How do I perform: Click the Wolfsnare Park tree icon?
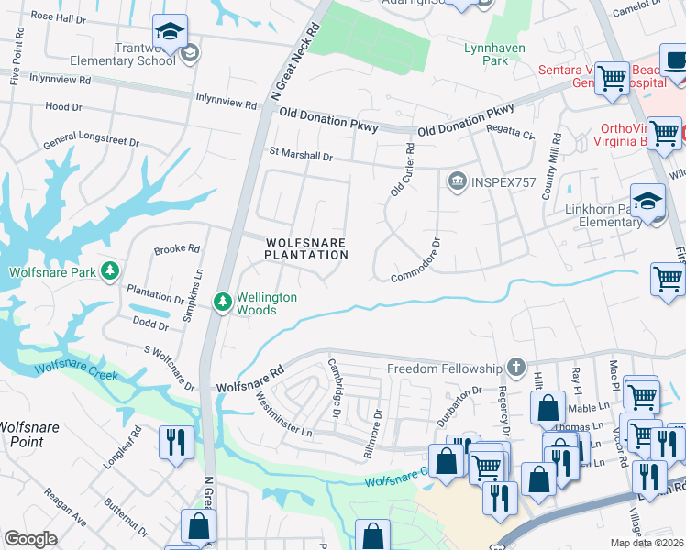tap(110, 271)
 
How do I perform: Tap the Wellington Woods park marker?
tap(222, 301)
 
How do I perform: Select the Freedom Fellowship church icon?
tap(516, 368)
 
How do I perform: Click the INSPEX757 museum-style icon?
tap(455, 182)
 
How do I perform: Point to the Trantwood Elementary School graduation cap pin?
tap(170, 33)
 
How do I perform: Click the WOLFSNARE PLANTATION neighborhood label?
tap(305, 248)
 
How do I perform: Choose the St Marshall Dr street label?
tap(300, 154)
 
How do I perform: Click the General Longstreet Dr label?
tap(91, 143)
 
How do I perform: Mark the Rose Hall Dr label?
tap(61, 16)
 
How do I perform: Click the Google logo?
tap(31, 539)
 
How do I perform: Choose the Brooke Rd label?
tap(176, 248)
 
